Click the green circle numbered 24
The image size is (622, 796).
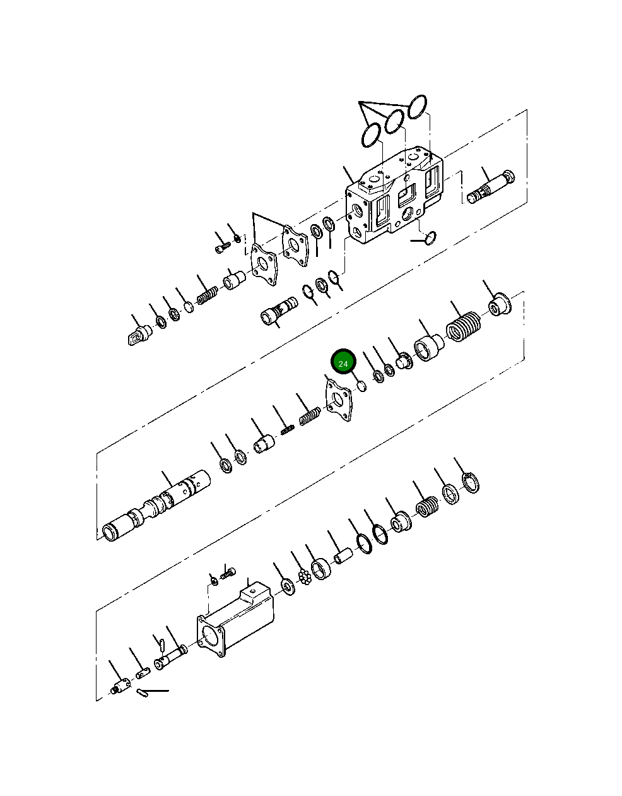click(x=343, y=362)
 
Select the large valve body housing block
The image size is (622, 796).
click(x=394, y=195)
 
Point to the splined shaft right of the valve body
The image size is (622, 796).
click(x=491, y=187)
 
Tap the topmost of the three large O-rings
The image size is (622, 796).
click(x=417, y=107)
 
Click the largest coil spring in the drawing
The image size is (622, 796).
click(x=464, y=327)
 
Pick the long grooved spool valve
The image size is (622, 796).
click(x=156, y=506)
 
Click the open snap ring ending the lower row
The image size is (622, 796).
click(x=471, y=482)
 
